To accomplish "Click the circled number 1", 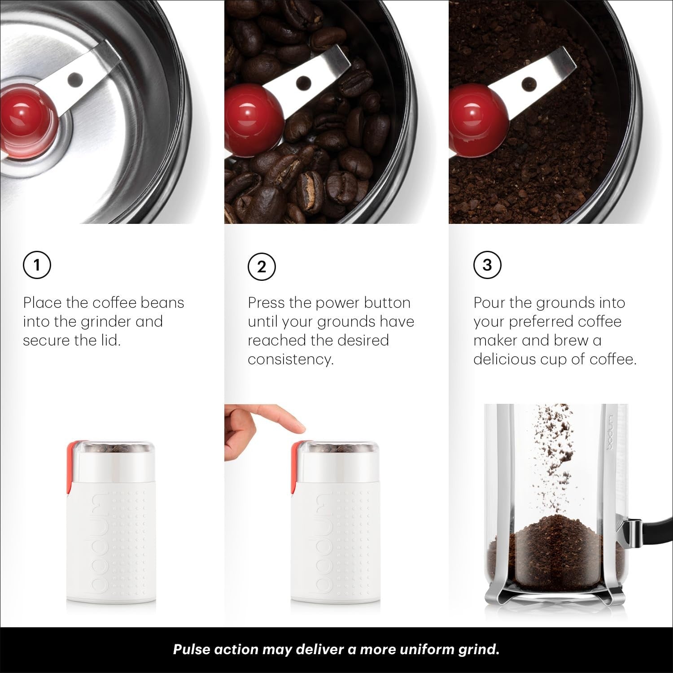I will pos(37,265).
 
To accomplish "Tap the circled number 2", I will pos(262,267).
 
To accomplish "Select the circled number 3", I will pos(487,265).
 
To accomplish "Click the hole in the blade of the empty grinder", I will pos(75,79).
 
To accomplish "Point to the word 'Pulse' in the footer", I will pos(193,650).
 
